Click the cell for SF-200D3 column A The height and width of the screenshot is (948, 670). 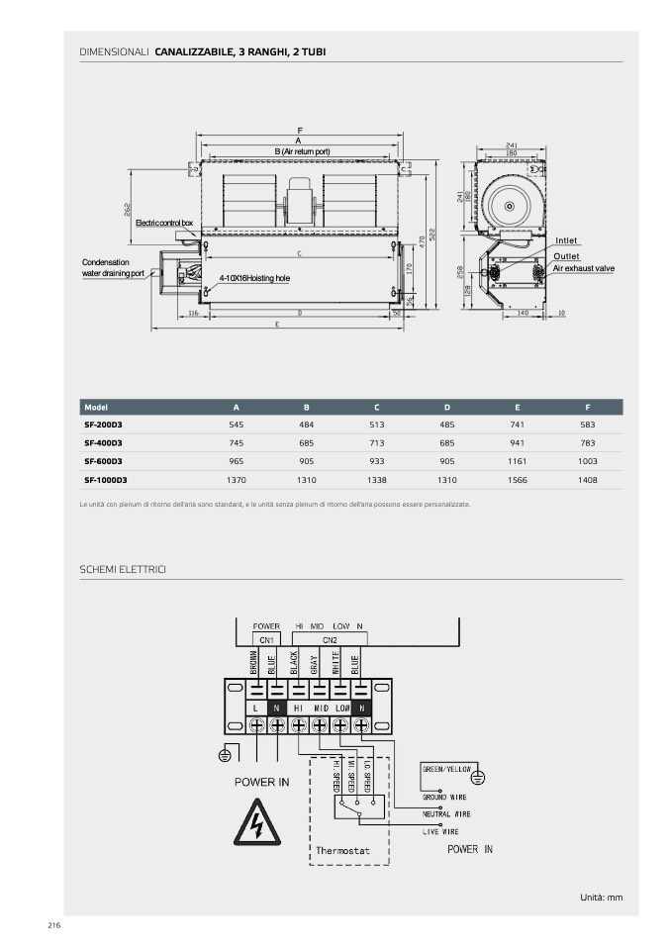pyautogui.click(x=236, y=424)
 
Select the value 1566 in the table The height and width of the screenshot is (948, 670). pyautogui.click(x=517, y=480)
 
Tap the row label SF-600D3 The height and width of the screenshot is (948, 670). pyautogui.click(x=103, y=461)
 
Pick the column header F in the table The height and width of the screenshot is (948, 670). pyautogui.click(x=588, y=407)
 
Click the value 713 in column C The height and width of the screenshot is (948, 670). pyautogui.click(x=376, y=442)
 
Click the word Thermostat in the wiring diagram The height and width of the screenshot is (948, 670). pyautogui.click(x=342, y=850)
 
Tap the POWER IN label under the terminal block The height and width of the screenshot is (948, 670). pyautogui.click(x=261, y=782)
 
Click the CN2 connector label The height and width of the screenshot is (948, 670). pyautogui.click(x=330, y=640)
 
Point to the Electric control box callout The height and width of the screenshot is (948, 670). pyautogui.click(x=164, y=224)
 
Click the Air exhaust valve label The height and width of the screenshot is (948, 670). pyautogui.click(x=583, y=268)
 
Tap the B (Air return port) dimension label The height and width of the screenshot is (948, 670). pyautogui.click(x=302, y=150)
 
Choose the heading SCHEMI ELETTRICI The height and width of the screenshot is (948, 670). pyautogui.click(x=122, y=569)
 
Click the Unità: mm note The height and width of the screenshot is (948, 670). pyautogui.click(x=602, y=897)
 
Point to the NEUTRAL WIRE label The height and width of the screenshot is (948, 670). pyautogui.click(x=446, y=813)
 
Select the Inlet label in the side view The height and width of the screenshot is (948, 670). pyautogui.click(x=566, y=240)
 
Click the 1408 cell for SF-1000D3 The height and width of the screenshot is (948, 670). pyautogui.click(x=588, y=480)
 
